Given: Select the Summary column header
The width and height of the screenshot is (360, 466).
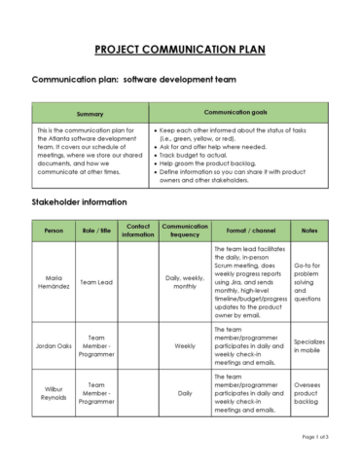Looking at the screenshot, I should point(90,115).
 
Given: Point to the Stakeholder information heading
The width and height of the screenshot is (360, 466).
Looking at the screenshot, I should point(80,202).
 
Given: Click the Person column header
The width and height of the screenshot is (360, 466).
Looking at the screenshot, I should point(54,231).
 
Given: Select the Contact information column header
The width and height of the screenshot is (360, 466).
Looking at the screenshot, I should point(139,231).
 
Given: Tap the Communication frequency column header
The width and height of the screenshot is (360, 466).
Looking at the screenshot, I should point(185,231).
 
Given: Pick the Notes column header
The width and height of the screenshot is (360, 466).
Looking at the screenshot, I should point(309,231).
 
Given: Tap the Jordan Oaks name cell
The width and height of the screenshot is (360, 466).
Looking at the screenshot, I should point(54,344).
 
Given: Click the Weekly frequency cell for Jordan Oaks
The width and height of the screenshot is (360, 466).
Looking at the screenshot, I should point(185,344).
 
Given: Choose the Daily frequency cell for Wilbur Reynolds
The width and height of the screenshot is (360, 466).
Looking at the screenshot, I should point(185,394).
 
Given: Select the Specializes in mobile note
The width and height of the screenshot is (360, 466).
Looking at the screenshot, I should point(309,344).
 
